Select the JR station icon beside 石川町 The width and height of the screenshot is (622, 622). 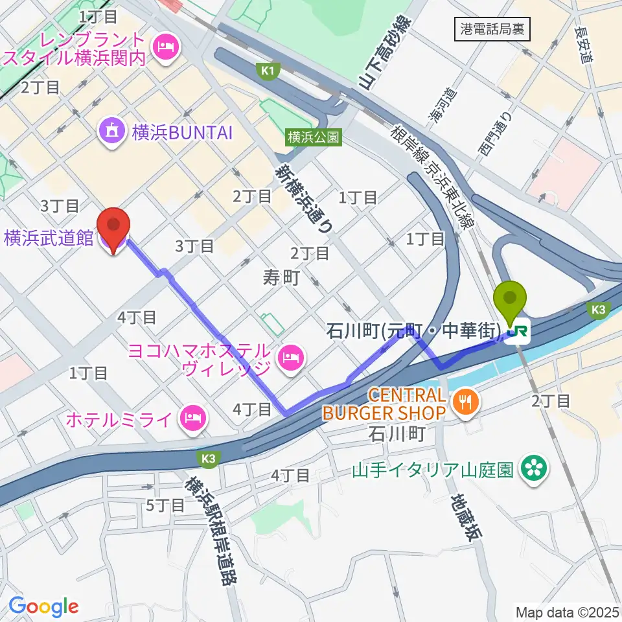click(517, 333)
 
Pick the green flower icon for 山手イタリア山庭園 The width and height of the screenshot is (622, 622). click(535, 470)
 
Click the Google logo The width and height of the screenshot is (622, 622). click(43, 606)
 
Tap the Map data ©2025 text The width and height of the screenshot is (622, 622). click(567, 612)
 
